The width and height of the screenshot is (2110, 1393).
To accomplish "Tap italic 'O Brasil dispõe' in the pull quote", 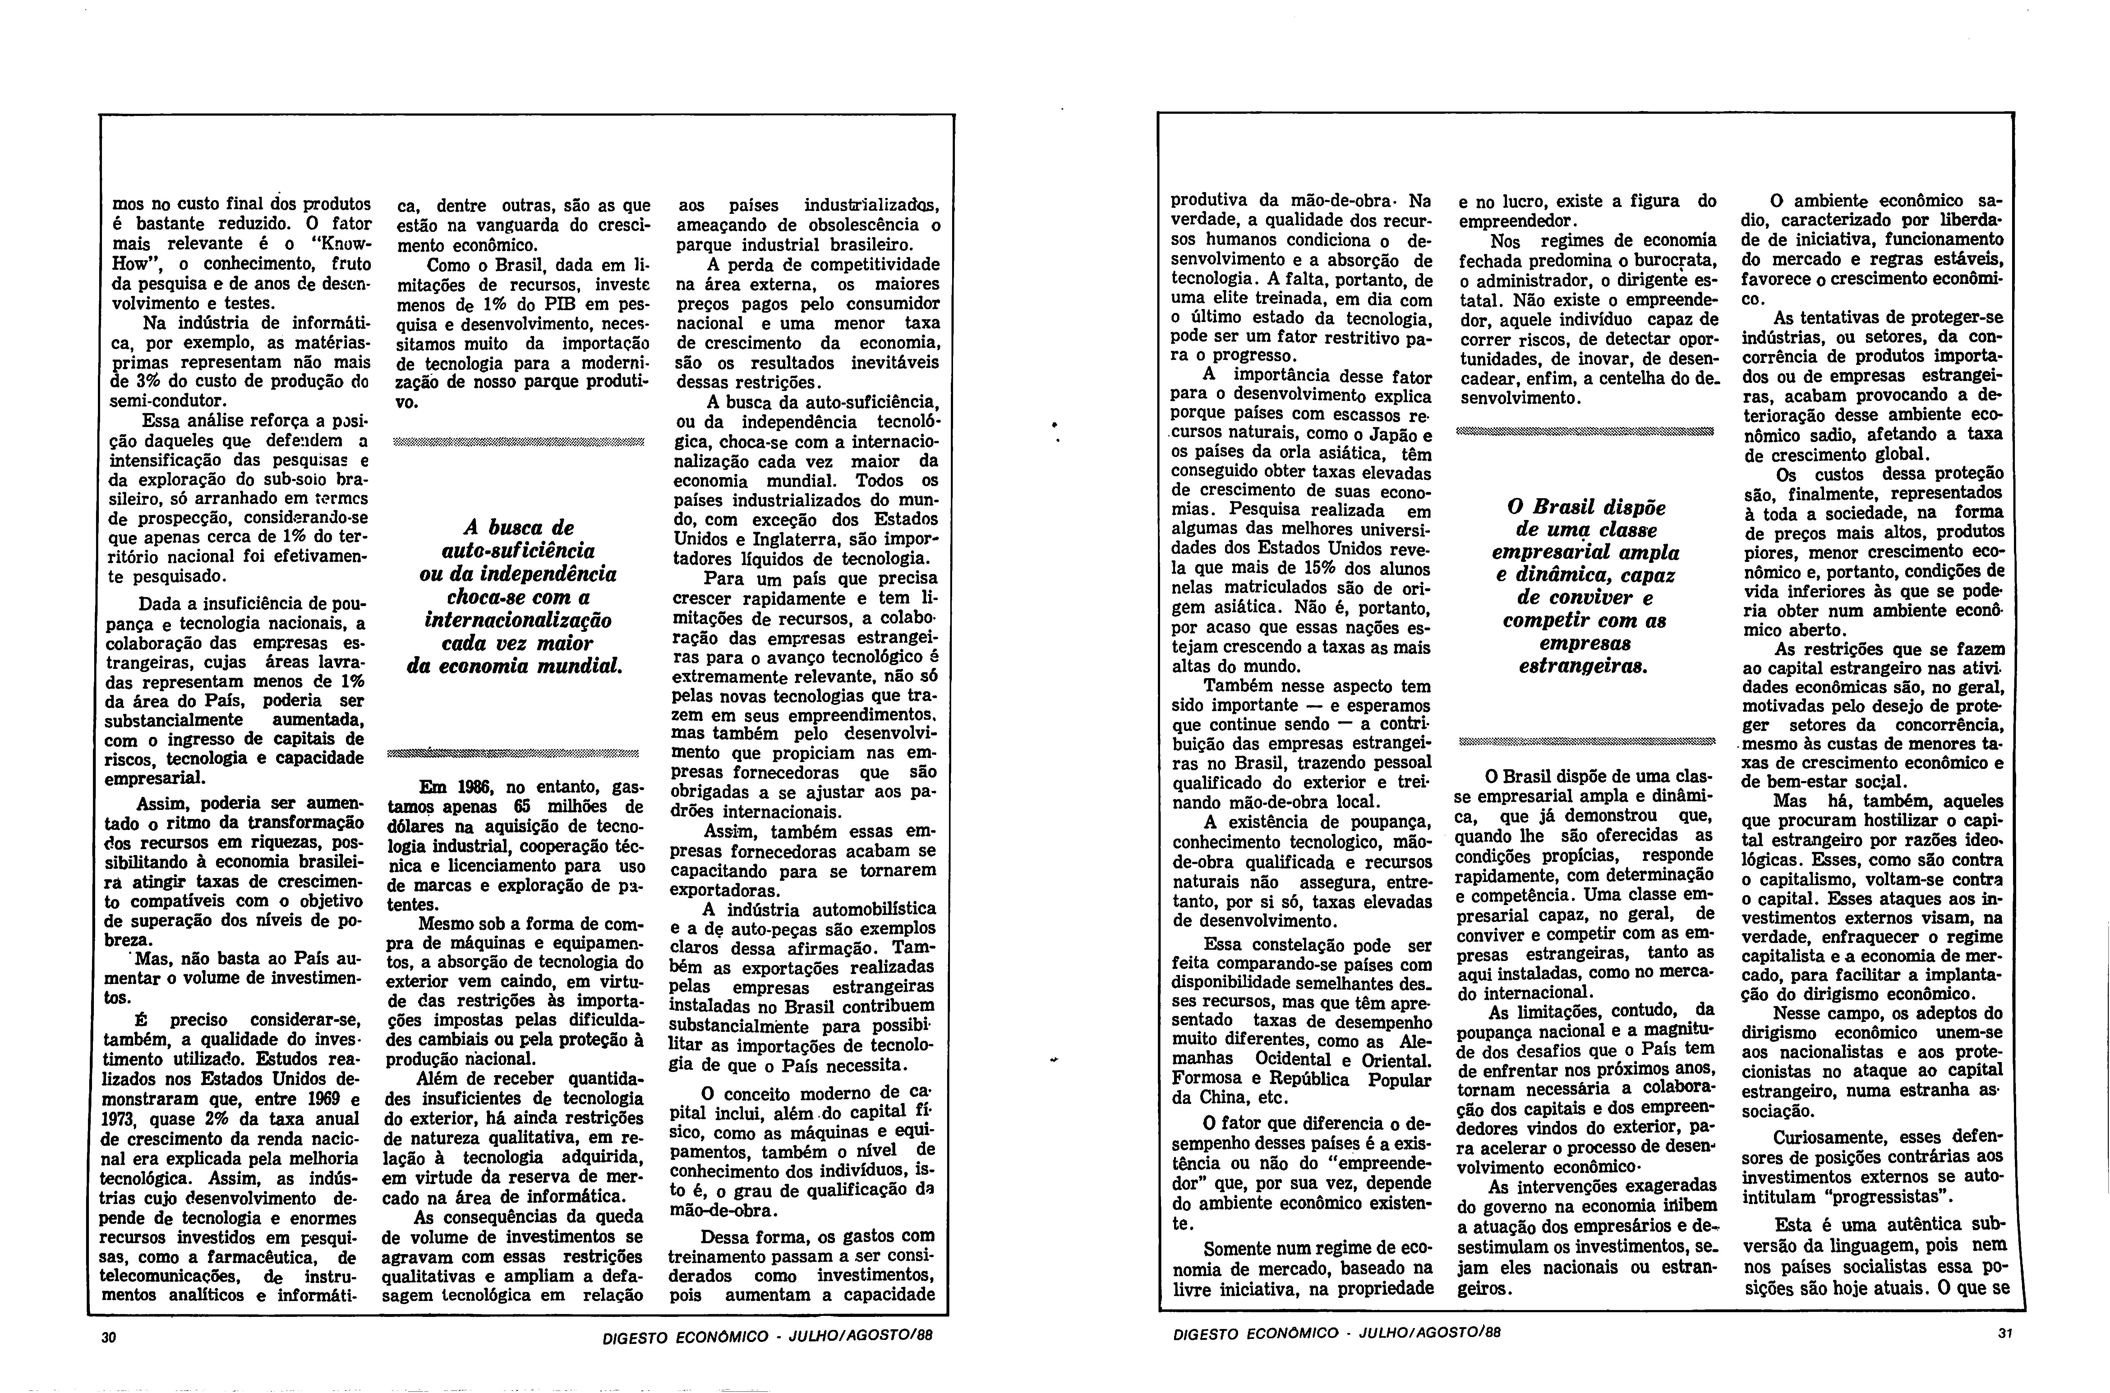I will tap(1586, 508).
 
